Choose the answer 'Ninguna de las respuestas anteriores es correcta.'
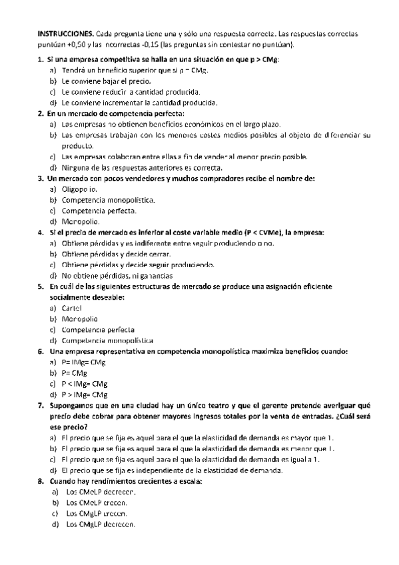point(141,167)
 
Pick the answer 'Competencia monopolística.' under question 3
point(109,199)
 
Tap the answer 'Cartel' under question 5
point(71,308)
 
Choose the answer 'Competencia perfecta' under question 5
point(98,329)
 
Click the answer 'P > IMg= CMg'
point(85,394)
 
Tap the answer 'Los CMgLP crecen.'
point(97,514)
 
